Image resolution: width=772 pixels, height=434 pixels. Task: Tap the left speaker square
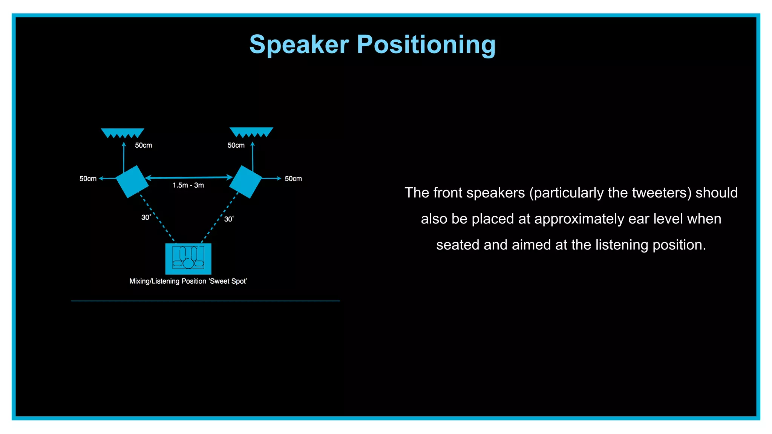132,182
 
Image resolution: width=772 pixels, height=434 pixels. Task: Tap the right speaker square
246,182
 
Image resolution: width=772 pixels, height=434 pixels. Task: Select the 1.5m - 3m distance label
188,185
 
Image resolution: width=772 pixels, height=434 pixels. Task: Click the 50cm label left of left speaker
88,179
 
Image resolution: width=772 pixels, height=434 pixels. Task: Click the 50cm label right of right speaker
293,179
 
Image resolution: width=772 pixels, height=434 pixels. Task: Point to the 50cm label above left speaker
143,145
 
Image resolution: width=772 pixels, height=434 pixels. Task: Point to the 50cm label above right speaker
236,145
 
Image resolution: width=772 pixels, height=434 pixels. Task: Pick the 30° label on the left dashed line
146,217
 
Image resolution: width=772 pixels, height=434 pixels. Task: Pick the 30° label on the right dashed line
229,219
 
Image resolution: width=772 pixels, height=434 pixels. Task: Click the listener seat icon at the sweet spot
188,258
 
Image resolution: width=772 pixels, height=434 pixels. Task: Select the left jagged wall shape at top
123,133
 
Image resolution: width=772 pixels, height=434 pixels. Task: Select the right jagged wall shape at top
251,132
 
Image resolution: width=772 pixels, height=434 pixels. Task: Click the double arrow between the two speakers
188,177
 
